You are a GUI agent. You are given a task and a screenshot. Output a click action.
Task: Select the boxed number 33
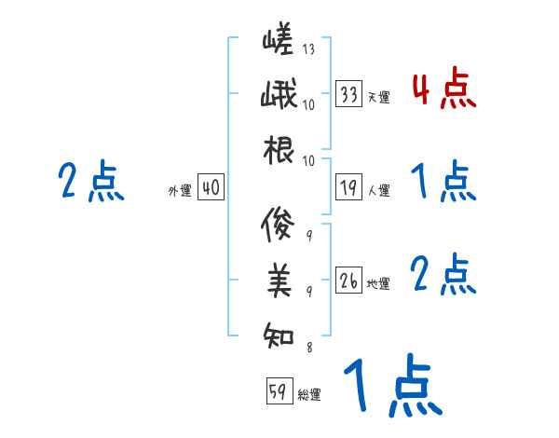coord(349,94)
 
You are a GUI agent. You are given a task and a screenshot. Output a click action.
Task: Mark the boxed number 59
coord(278,392)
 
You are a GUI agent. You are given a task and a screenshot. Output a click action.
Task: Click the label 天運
coord(378,97)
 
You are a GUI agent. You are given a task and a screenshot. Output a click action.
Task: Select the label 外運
coord(179,191)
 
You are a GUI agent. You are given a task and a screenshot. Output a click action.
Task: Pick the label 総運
coord(309,395)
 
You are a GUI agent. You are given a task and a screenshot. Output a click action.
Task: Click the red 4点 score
coord(443,89)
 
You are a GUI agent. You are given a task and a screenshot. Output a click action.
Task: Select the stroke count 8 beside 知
coord(308,348)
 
